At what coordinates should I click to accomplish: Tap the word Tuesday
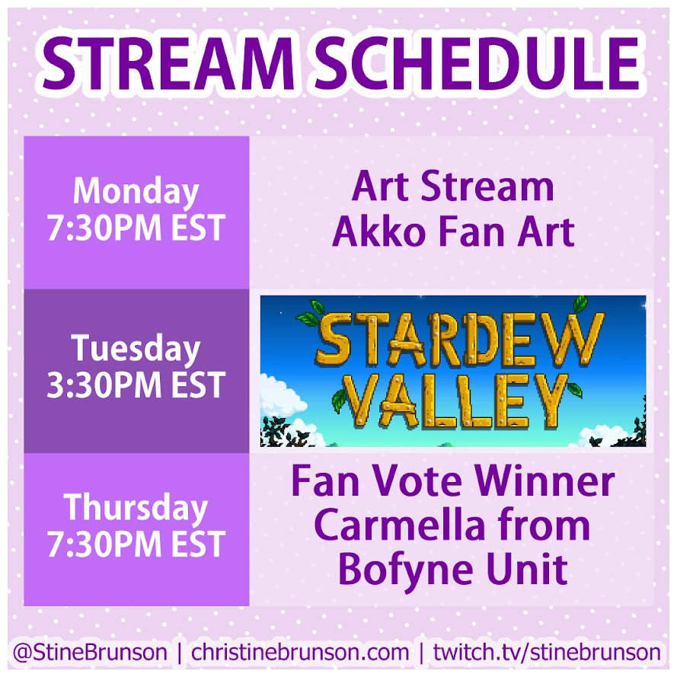(x=136, y=350)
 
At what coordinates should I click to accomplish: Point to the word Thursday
(x=136, y=509)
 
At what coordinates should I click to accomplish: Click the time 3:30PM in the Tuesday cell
(x=104, y=385)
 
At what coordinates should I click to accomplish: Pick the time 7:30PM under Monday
(x=104, y=228)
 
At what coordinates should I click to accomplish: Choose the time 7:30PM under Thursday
(x=104, y=544)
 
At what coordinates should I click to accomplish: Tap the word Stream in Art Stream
(x=487, y=187)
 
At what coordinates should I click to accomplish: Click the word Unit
(x=527, y=569)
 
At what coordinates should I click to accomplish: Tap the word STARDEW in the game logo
(x=461, y=339)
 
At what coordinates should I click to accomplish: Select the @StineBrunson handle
(x=90, y=652)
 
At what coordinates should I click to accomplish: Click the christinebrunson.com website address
(x=300, y=652)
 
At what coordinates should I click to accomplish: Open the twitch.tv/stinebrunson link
(x=547, y=652)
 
